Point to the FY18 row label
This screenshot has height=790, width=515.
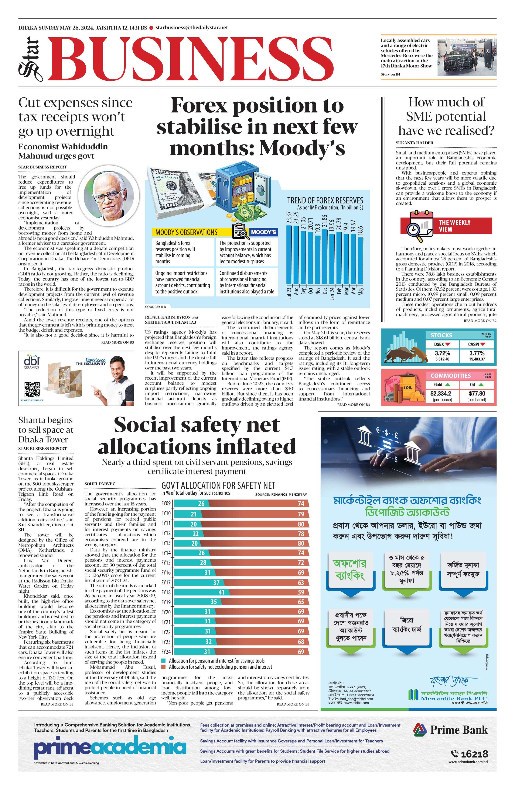166,592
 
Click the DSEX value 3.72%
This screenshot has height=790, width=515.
442,353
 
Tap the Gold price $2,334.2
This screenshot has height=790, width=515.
441,393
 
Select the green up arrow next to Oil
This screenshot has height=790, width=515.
480,384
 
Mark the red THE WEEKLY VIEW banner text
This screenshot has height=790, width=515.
454,226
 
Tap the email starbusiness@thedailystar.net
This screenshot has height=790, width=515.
192,28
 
